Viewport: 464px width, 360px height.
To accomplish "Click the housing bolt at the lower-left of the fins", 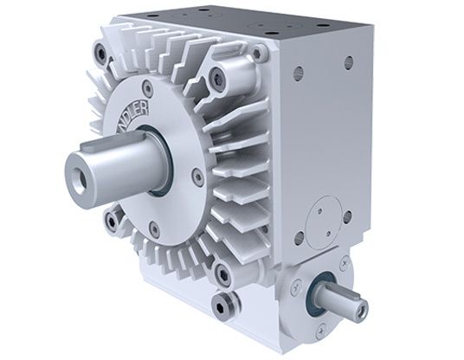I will pyautogui.click(x=112, y=222).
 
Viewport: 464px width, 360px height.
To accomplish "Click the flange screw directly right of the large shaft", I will pyautogui.click(x=198, y=178).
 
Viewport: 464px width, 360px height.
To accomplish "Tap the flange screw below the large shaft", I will pyautogui.click(x=153, y=229).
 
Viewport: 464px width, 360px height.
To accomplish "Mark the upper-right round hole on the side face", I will pyautogui.click(x=349, y=63).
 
